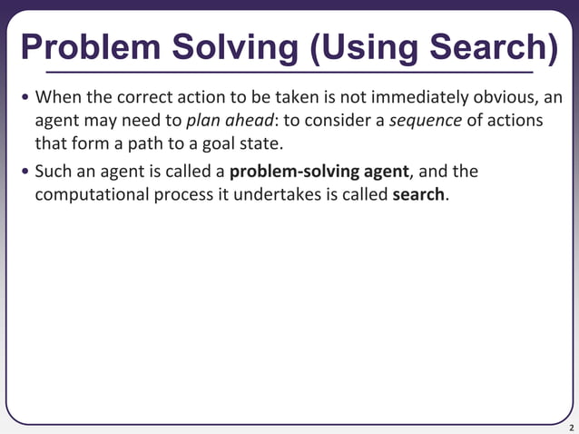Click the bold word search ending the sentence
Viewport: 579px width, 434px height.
coord(418,195)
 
